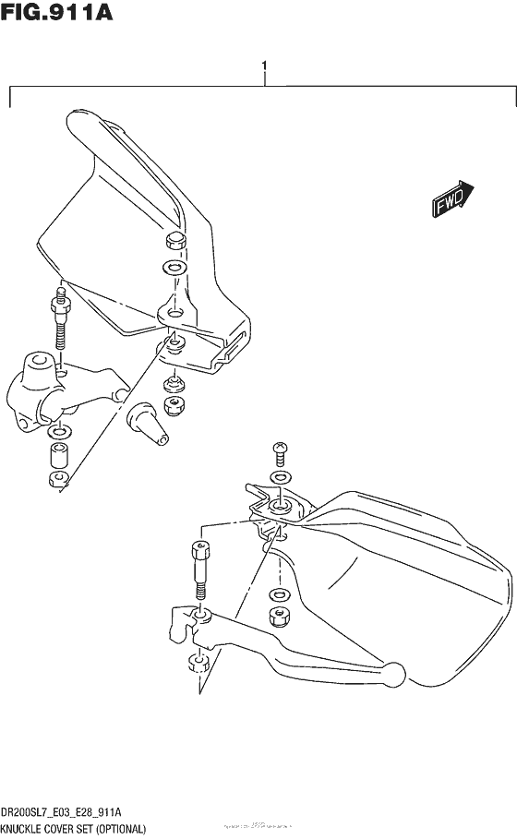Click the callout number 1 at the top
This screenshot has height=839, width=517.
pos(264,66)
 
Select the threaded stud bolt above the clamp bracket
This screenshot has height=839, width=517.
pos(61,318)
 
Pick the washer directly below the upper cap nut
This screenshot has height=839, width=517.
pos(172,269)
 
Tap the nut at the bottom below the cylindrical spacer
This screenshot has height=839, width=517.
pos(57,479)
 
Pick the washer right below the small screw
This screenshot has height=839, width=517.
pos(277,477)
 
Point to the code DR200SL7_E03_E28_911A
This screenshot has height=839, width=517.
pos(62,812)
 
